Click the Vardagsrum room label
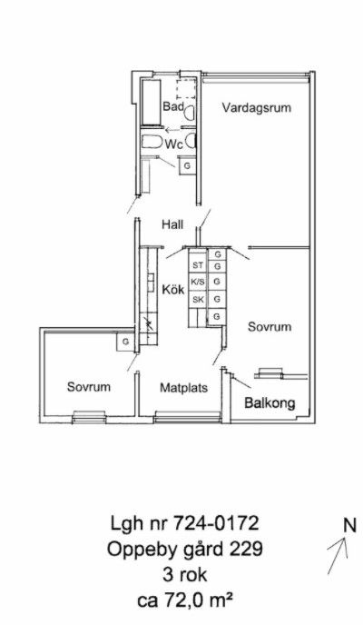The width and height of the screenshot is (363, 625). (x=257, y=107)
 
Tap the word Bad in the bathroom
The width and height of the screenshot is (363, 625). (x=173, y=107)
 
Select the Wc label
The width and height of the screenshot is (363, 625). (x=174, y=144)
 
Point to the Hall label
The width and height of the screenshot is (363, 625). (x=172, y=224)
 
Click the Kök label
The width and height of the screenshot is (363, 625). (x=173, y=289)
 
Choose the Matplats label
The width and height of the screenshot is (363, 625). (x=184, y=387)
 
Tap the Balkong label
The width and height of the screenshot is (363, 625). (x=270, y=403)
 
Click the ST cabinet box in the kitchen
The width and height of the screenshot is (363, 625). (x=198, y=265)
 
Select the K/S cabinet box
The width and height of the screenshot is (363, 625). (x=198, y=282)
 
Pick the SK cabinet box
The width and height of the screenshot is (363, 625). (x=198, y=300)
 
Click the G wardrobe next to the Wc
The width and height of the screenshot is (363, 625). (x=187, y=165)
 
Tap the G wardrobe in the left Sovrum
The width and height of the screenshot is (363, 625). (x=125, y=342)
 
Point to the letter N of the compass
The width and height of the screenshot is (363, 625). (x=350, y=525)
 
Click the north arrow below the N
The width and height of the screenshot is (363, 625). (x=338, y=556)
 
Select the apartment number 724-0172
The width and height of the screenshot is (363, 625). (x=216, y=523)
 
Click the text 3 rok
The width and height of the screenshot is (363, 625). (x=185, y=575)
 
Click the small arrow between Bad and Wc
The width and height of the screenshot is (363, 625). (x=172, y=130)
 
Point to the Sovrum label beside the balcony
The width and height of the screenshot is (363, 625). (x=270, y=327)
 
